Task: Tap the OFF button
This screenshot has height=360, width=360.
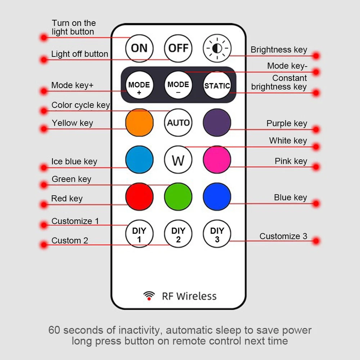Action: coord(178,48)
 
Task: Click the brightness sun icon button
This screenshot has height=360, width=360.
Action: coord(217,48)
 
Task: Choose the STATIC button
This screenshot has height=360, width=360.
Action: coord(217,86)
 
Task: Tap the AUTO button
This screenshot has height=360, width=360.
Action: coord(178,123)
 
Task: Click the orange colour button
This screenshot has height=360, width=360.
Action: coord(139,123)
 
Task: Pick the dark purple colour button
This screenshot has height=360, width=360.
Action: coord(217,123)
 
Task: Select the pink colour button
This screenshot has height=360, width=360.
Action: coord(217,160)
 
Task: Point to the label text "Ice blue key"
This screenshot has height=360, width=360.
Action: coord(74,162)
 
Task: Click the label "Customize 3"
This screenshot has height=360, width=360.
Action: coord(283,237)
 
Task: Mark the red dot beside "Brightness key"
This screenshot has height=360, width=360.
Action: coord(316,56)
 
